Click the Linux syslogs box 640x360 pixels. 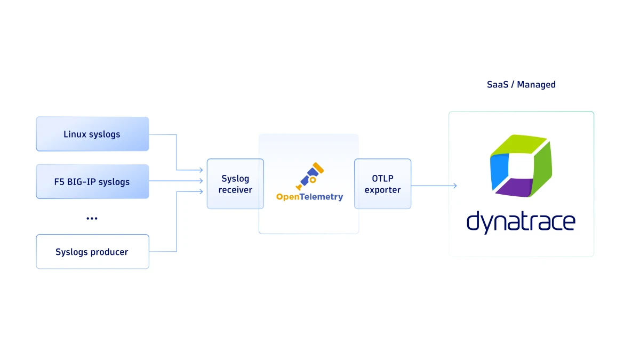(92, 134)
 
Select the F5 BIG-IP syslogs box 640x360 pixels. (92, 181)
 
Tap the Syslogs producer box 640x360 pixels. (92, 251)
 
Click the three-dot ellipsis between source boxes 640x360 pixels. (92, 218)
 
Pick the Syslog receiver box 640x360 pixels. (235, 183)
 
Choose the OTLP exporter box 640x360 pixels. (382, 183)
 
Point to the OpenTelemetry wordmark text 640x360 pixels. (309, 197)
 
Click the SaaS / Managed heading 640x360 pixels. (521, 84)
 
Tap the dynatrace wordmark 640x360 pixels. (521, 221)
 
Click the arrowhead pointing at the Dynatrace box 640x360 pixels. (454, 186)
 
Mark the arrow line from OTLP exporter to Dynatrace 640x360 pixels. (432, 186)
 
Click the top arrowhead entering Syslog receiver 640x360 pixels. (201, 170)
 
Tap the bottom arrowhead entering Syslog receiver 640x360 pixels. (201, 191)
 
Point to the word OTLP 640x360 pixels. (382, 178)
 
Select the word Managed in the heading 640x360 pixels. (536, 84)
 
